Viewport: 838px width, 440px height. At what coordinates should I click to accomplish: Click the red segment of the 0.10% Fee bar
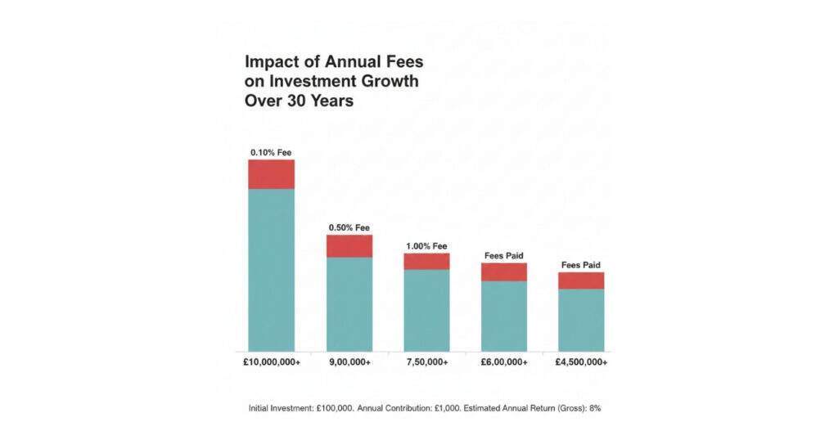coord(271,174)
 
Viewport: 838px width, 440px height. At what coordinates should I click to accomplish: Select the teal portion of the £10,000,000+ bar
coord(271,270)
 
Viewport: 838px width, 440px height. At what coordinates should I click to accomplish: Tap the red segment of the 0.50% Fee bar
coord(349,246)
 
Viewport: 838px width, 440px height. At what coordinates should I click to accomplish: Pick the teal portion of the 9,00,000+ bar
coord(349,304)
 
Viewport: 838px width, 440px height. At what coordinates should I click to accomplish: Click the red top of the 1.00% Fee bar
coord(426,261)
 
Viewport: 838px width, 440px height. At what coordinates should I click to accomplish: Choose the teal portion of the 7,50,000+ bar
coord(426,310)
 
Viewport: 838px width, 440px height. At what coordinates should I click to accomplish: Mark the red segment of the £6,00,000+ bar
coord(504,272)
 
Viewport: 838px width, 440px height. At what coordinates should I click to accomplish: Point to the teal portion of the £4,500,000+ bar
coord(581,320)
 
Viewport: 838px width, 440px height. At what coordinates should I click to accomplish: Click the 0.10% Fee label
coord(271,152)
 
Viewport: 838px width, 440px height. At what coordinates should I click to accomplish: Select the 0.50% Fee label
coord(349,227)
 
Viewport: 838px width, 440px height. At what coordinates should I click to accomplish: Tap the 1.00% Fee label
coord(426,245)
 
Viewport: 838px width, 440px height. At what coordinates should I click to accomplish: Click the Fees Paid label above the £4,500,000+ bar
coord(581,265)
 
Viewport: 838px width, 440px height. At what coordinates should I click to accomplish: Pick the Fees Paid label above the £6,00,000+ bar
coord(504,255)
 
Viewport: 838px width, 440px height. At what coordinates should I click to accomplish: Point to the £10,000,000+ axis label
coord(272,362)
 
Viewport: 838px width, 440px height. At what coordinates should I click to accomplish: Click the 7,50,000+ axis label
coord(426,362)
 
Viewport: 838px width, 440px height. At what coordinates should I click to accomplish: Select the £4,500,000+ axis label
coord(581,362)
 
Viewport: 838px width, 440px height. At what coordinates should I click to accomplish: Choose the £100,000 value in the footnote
coord(336,407)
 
